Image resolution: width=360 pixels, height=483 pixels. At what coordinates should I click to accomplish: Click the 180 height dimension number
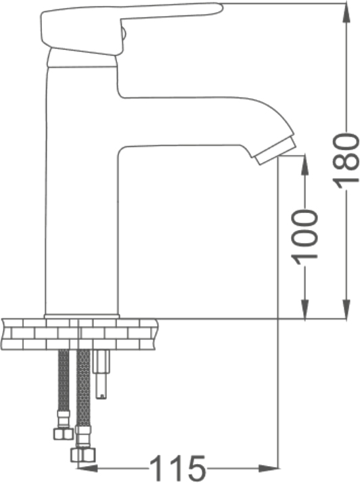[x=346, y=160]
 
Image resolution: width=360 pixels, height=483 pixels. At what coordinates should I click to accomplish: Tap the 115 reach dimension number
[x=177, y=468]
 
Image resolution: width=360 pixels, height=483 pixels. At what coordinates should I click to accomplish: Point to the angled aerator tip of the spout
[x=275, y=152]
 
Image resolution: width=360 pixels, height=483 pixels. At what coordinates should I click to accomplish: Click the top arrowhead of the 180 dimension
[x=346, y=14]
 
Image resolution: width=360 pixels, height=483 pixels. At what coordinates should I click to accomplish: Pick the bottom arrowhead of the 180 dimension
[x=346, y=308]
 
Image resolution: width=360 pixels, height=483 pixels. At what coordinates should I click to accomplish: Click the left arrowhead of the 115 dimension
[x=87, y=469]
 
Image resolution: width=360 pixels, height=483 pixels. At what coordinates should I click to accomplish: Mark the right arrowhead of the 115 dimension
[x=267, y=469]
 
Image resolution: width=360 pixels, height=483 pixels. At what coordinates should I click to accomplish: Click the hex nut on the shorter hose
[x=63, y=434]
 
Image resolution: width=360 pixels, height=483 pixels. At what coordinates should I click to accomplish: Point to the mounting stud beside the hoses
[x=102, y=375]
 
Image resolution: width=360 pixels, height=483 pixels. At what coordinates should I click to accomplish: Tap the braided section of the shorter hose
[x=64, y=381]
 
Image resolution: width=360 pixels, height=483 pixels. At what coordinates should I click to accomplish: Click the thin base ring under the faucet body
[x=82, y=317]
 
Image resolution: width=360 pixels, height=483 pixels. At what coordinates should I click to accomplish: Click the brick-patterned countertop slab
[x=80, y=335]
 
